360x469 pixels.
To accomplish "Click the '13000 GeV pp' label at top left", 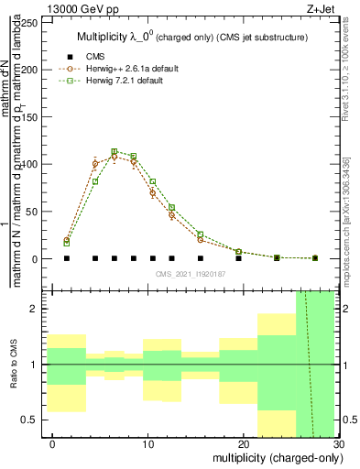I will [80, 9].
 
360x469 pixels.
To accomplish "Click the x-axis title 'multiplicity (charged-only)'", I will [273, 458].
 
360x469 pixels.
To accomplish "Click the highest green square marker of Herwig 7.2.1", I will [115, 152].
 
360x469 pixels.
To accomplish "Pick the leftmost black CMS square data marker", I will [67, 258].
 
